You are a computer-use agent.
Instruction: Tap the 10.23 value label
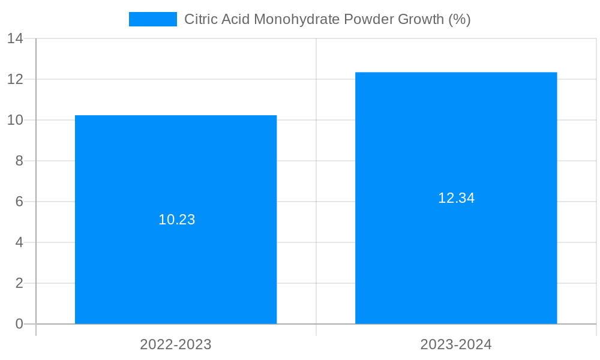coord(177,220)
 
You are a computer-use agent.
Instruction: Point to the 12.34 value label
coord(456,198)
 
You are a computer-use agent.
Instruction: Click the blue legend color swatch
coord(153,19)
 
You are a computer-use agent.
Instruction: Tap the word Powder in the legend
coord(370,19)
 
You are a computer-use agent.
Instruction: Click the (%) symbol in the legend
coord(460,19)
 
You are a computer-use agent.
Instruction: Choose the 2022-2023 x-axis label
coord(176,344)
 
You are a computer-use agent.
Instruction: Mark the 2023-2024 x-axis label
coord(456,344)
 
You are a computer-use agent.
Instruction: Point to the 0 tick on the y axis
coord(19,324)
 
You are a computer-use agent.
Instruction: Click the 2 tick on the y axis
coord(19,283)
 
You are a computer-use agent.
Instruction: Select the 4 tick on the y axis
coord(19,242)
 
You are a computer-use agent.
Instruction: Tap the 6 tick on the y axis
coord(19,202)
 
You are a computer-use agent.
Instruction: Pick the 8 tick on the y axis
coord(19,161)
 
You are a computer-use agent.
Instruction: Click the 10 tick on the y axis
coord(15,120)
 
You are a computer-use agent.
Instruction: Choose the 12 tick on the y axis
coord(15,79)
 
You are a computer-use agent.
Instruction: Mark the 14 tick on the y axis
coord(15,38)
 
